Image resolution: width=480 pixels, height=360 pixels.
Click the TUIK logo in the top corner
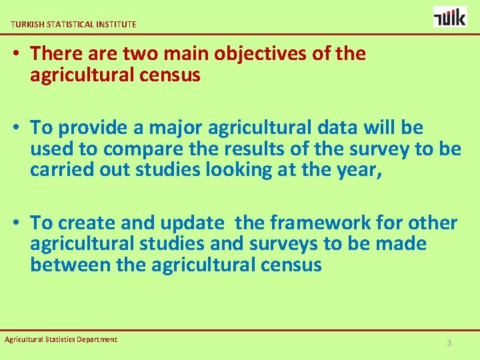[450, 17]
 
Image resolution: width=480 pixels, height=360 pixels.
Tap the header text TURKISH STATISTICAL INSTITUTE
[73, 24]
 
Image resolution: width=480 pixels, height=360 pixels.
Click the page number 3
[449, 343]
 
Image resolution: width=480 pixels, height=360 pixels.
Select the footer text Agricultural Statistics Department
[61, 339]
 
